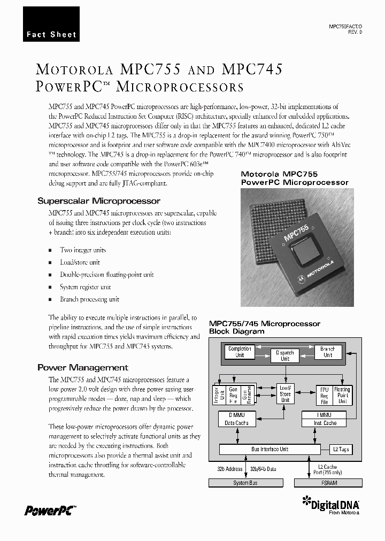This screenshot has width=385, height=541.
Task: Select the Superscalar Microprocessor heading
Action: pos(98,201)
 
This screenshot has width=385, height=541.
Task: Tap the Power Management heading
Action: pos(82,367)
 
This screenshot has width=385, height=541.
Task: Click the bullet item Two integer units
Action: pos(83,250)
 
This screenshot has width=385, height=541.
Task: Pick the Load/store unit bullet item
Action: pos(80,262)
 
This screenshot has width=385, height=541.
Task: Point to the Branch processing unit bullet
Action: pos(89,299)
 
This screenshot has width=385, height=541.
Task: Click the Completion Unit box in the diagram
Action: pos(240,352)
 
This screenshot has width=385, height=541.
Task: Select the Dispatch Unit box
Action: pos(285,355)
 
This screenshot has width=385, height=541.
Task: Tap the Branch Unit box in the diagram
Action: pos(327,352)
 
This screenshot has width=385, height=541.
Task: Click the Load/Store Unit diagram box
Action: pos(285,394)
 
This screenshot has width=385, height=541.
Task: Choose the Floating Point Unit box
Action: pos(342,396)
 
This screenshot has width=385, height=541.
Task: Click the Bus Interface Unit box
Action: pos(269,449)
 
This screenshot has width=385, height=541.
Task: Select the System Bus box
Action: pos(245,483)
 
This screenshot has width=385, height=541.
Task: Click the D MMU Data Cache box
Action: pos(236,419)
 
